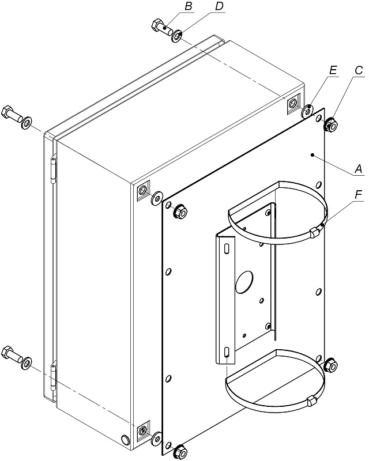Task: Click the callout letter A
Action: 359,169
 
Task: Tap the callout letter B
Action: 189,6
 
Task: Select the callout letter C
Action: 359,70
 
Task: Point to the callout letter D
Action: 219,6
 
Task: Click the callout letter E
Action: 333,70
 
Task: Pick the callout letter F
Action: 358,195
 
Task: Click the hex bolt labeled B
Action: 162,27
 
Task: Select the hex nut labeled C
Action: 330,125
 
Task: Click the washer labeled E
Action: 307,111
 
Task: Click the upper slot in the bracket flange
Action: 227,248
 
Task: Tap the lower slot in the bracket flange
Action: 227,352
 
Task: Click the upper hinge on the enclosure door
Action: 53,171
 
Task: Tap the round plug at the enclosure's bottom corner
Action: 126,440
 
